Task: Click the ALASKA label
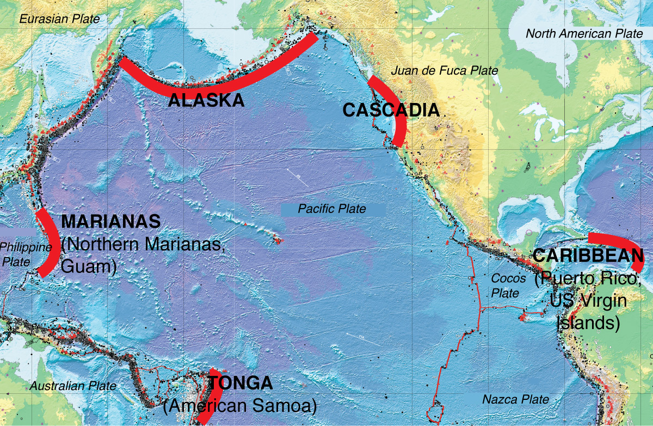(206, 100)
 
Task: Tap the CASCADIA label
(391, 111)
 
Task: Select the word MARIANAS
(111, 221)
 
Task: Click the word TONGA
(240, 383)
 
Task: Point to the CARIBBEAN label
(588, 255)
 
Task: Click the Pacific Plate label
(332, 209)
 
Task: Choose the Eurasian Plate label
(60, 19)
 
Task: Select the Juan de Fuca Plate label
(445, 70)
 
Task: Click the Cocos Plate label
(508, 285)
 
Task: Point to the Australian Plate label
(73, 386)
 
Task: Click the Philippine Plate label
(24, 254)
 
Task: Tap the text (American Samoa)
(240, 406)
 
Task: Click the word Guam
(89, 267)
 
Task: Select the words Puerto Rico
(588, 279)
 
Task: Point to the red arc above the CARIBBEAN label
(618, 243)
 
